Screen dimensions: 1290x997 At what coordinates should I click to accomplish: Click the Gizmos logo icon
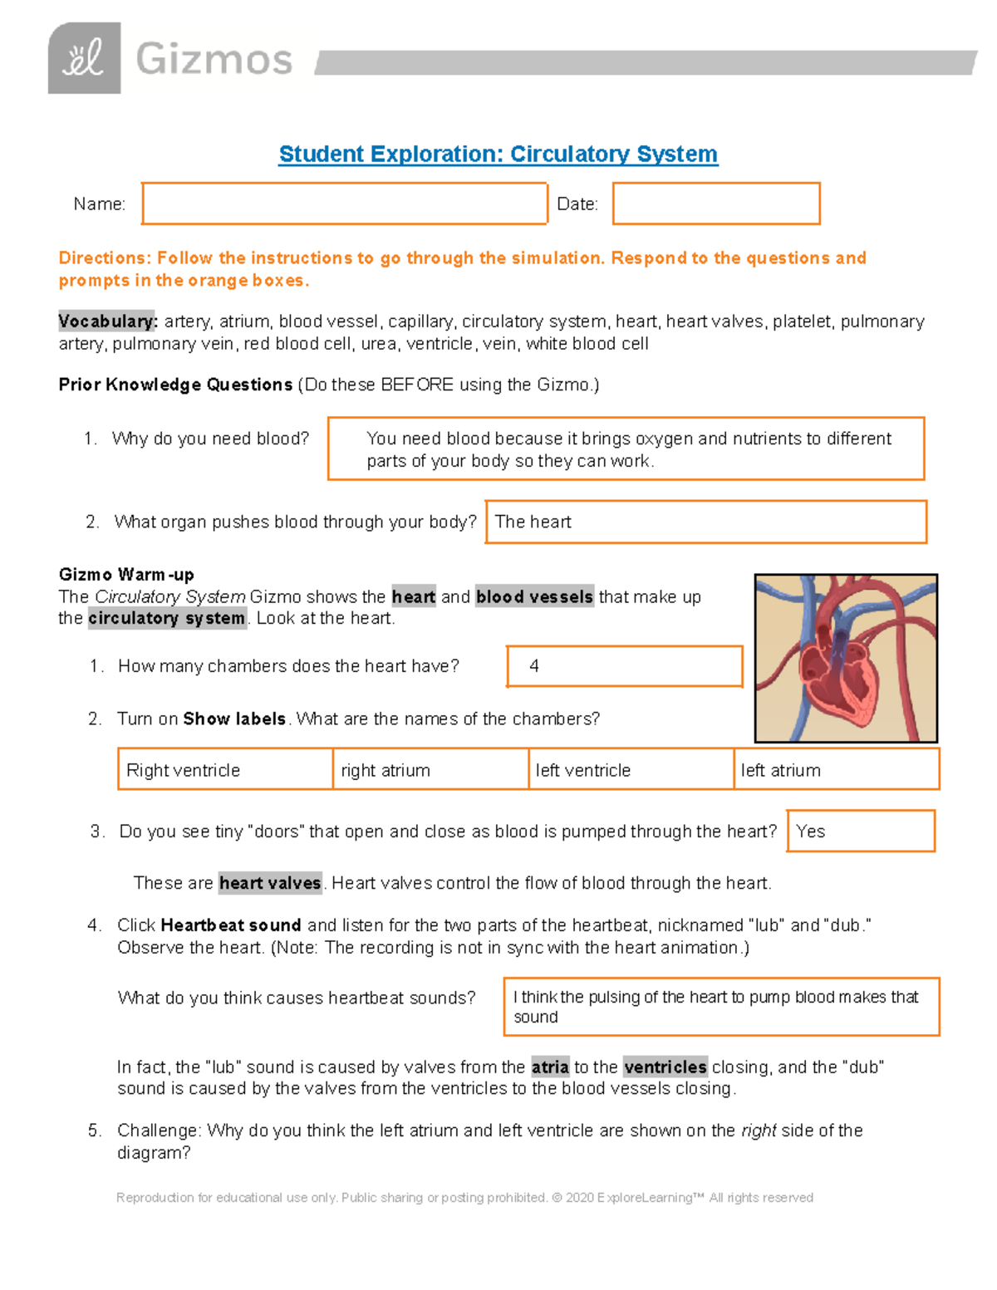(84, 58)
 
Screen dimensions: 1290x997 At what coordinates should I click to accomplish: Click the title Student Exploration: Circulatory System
(498, 155)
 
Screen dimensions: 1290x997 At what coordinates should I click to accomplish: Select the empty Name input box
(344, 204)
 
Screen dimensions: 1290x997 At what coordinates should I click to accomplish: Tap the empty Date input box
(715, 204)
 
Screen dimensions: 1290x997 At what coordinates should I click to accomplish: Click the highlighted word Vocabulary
(107, 321)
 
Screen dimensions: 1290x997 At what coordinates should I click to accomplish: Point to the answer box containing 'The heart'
(705, 522)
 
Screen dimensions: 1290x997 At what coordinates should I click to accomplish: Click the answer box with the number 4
(624, 666)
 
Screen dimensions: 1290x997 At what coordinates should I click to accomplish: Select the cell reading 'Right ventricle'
(225, 770)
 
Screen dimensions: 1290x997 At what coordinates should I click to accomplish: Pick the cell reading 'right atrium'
(430, 770)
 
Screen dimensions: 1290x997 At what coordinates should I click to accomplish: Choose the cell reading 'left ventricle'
(631, 770)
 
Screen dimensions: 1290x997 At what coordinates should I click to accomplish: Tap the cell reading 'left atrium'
(836, 770)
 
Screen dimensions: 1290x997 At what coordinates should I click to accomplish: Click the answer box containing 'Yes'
(860, 831)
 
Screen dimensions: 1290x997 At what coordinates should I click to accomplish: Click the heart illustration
(846, 658)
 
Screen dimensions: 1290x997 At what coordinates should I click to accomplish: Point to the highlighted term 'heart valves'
(270, 883)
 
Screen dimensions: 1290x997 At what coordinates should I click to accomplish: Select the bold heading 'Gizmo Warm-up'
(126, 574)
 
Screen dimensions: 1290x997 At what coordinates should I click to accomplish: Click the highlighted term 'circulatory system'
(167, 618)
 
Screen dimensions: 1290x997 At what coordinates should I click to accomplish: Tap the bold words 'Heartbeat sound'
(230, 925)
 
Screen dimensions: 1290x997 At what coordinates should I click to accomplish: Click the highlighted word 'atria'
(550, 1067)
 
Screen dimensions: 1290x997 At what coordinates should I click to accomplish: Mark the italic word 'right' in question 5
(759, 1131)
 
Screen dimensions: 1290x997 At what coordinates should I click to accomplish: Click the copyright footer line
(464, 1197)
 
